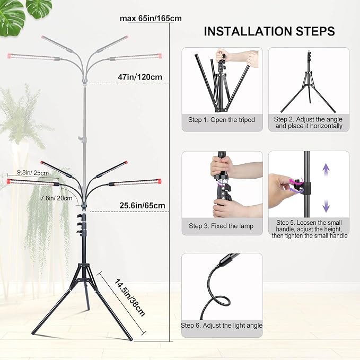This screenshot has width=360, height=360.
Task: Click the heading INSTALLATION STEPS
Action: (x=269, y=31)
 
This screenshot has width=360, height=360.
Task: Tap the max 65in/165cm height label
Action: (x=151, y=19)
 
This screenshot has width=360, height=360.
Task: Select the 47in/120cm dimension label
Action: (x=140, y=77)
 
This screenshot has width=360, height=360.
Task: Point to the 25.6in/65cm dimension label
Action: (x=142, y=206)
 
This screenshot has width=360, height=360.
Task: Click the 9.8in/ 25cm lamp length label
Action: (x=33, y=173)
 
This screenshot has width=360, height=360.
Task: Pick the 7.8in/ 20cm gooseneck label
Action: (x=56, y=198)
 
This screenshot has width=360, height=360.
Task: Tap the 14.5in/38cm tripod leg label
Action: (x=129, y=298)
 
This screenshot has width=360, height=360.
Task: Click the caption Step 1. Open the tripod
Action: (x=222, y=120)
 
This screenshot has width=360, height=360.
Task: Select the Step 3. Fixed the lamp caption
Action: (x=221, y=226)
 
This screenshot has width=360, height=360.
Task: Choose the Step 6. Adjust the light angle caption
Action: (x=222, y=326)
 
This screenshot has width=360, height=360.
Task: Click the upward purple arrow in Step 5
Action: (x=326, y=170)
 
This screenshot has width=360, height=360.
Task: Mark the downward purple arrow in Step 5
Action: (x=326, y=206)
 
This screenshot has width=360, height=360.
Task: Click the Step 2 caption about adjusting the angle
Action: (x=309, y=122)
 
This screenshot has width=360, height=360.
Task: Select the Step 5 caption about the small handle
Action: (x=310, y=229)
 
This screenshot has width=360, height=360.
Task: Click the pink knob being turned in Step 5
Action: (x=296, y=186)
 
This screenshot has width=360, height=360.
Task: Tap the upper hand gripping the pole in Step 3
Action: (x=221, y=166)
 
